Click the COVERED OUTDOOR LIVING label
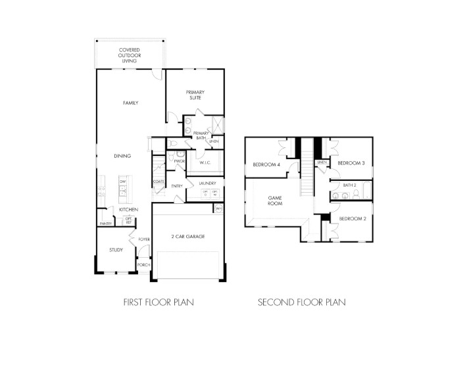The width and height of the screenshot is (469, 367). tap(130, 55)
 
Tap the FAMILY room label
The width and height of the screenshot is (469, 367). tap(130, 103)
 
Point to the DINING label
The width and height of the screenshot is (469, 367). tap(122, 156)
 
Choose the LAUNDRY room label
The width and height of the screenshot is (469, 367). tap(207, 183)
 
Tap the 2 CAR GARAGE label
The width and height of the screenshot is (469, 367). tap(187, 236)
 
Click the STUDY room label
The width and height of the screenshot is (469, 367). tap(116, 250)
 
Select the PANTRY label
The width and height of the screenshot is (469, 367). tap(105, 224)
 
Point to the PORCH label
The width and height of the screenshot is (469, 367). tap(143, 264)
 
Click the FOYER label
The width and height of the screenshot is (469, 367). tap(144, 239)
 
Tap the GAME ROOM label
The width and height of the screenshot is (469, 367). tap(274, 201)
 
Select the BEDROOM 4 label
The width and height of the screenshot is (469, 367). tap(266, 164)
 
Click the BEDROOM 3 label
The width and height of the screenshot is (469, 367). tap(351, 162)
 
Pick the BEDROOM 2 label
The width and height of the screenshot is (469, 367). tap(352, 218)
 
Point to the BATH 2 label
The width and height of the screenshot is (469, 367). tap(349, 185)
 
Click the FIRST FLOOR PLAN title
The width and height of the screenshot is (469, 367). tap(159, 303)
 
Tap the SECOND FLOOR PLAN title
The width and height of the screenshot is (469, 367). tap(302, 303)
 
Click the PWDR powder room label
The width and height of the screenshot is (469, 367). tap(180, 161)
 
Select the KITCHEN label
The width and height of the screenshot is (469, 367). tap(128, 209)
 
